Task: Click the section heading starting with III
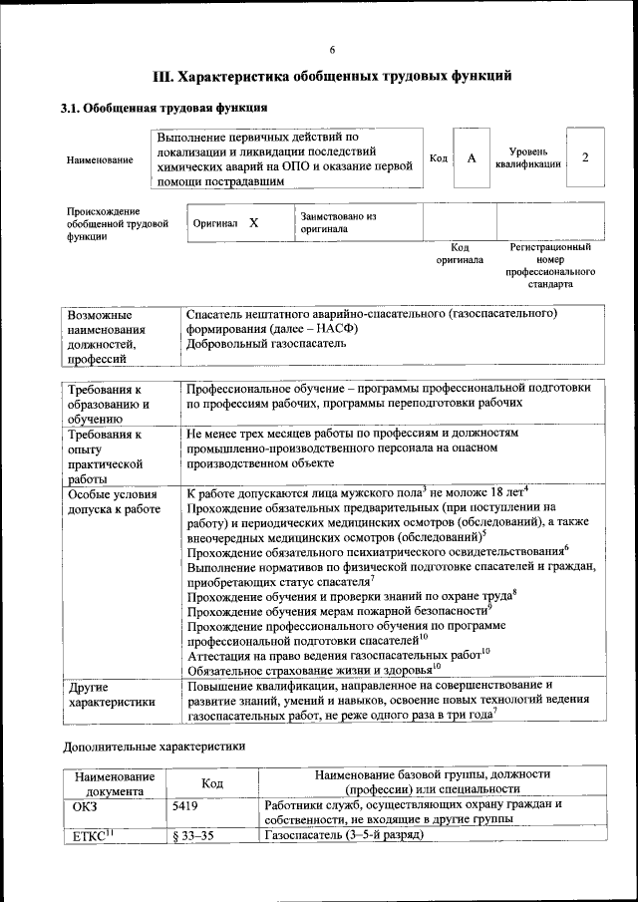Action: point(332,76)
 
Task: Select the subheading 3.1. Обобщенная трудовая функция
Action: point(164,108)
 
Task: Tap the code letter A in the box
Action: point(472,158)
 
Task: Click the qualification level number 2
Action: point(585,157)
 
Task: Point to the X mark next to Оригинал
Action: point(254,223)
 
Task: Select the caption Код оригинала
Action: point(460,253)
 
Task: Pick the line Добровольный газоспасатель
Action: point(266,344)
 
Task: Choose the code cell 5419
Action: point(185,804)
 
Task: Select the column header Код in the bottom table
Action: point(211,783)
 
